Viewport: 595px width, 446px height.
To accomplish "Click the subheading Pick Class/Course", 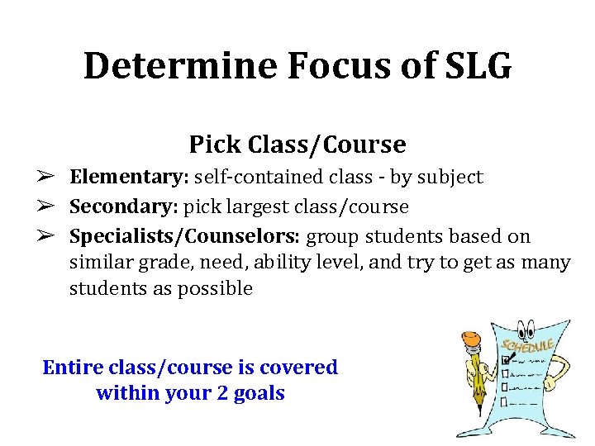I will tap(297, 145).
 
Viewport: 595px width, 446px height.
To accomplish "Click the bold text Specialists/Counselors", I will tap(185, 236).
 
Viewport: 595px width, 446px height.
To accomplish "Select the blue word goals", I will tap(261, 393).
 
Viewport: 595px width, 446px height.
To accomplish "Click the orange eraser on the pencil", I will tap(472, 338).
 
